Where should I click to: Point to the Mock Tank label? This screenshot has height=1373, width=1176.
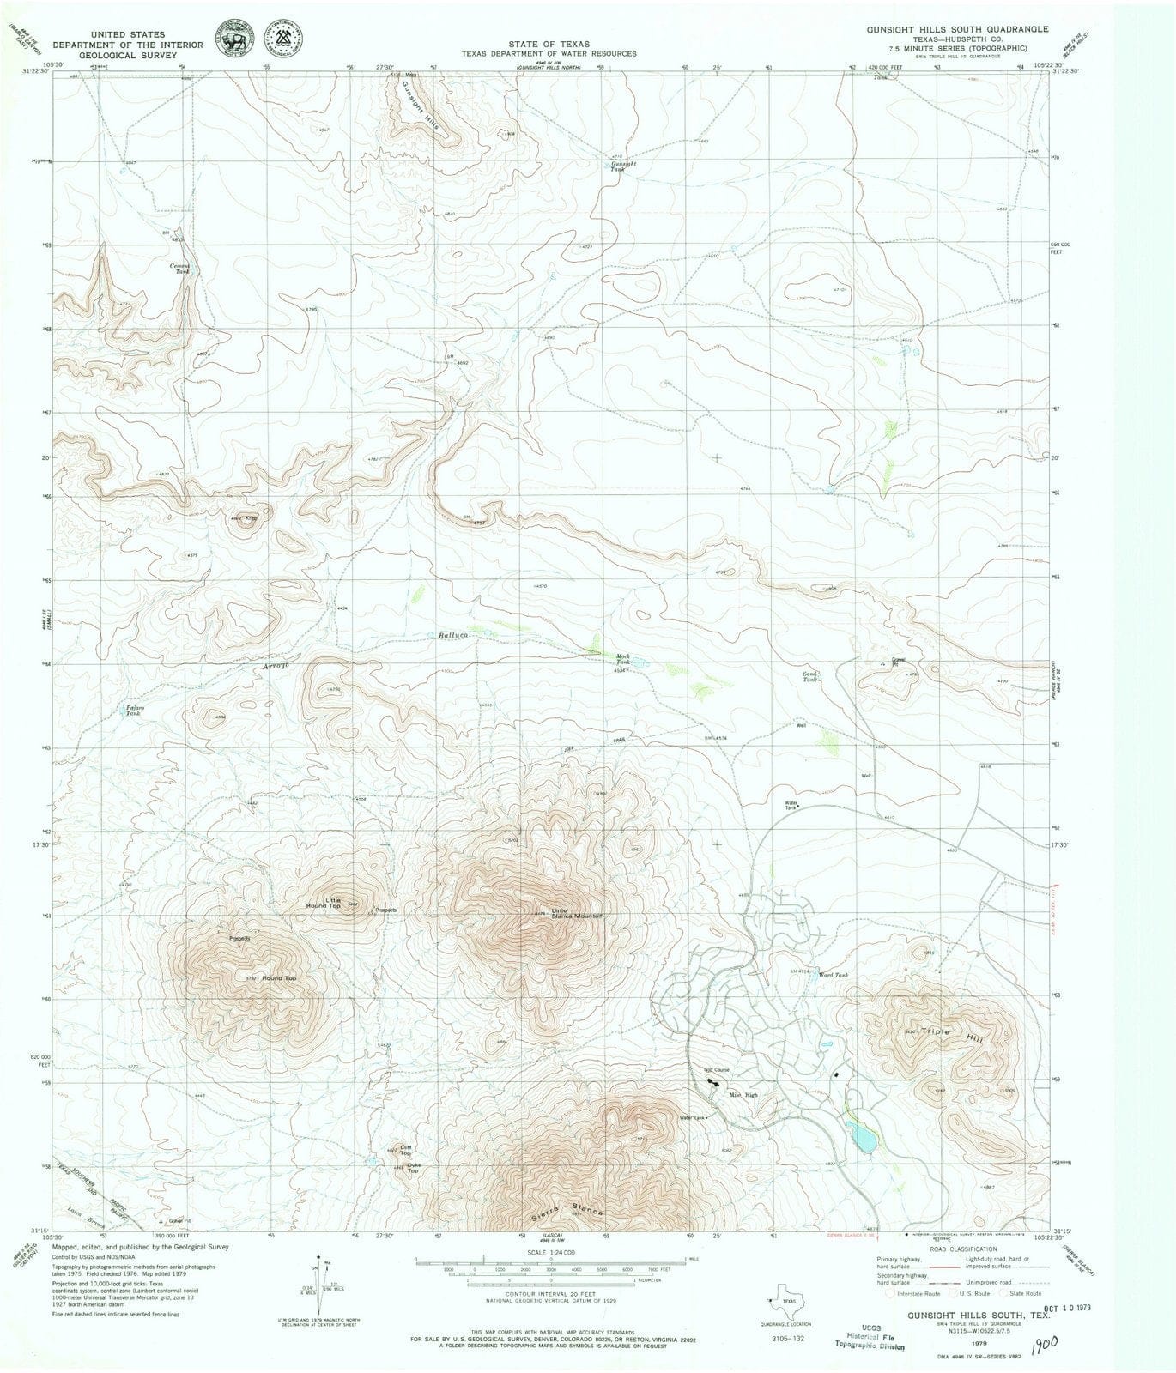coord(623,659)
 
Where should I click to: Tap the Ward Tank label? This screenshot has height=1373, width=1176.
coord(833,976)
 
